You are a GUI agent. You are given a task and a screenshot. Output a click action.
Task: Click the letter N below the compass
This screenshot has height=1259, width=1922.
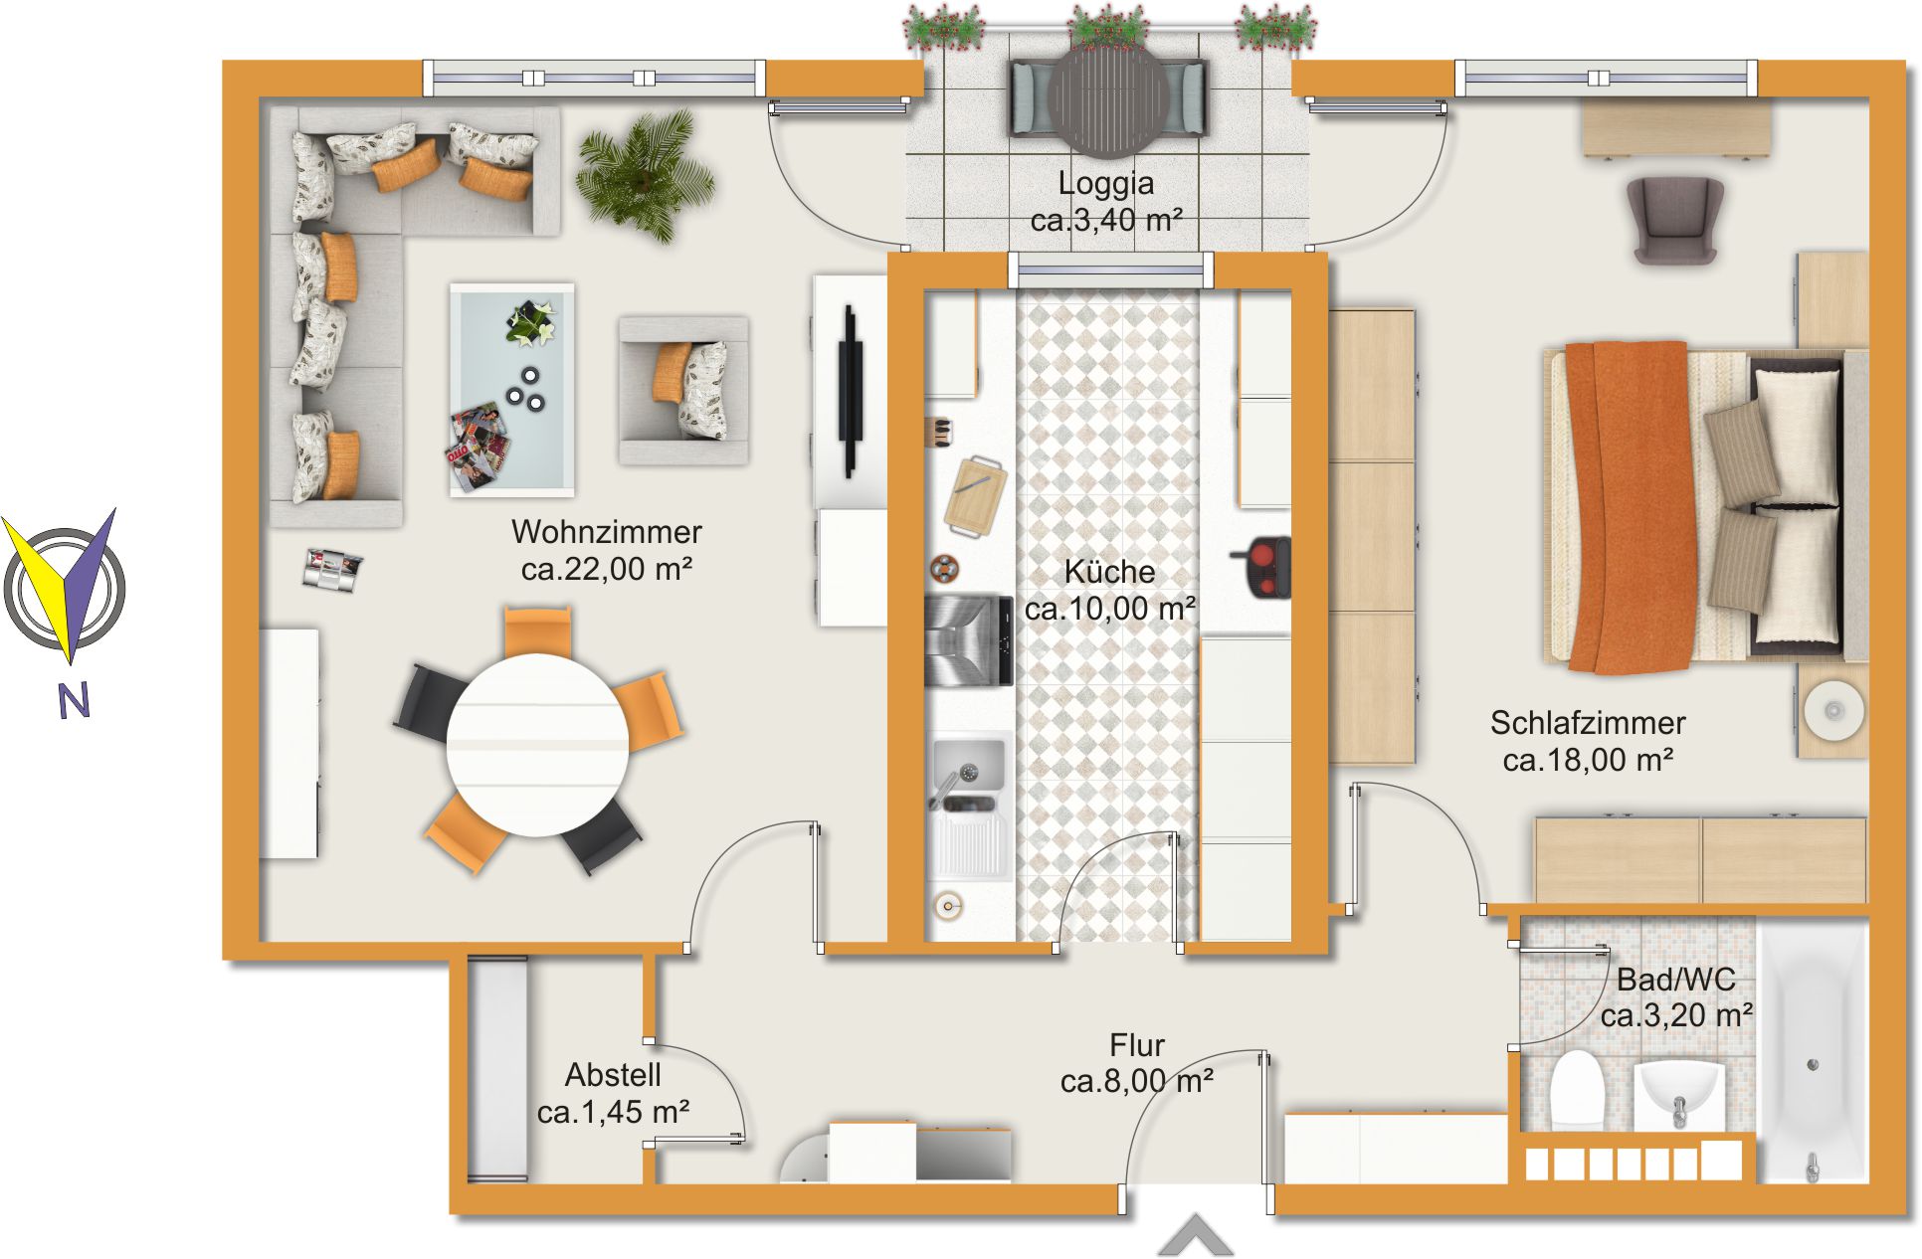74,701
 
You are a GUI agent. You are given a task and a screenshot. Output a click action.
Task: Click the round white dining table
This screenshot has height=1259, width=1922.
537,745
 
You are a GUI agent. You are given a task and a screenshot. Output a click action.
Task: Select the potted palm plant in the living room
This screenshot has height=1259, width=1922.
645,175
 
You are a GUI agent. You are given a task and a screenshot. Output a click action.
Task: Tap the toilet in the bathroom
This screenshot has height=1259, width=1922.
1578,1089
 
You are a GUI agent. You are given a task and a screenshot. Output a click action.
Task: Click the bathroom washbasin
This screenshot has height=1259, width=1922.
1680,1092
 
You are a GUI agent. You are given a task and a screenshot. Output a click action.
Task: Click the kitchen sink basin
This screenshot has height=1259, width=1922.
967,765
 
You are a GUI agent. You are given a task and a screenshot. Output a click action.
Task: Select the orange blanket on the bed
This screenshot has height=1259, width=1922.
1628,507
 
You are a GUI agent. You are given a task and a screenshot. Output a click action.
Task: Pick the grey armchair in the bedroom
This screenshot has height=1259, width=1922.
1675,220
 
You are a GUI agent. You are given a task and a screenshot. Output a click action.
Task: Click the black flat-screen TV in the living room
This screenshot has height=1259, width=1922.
850,392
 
